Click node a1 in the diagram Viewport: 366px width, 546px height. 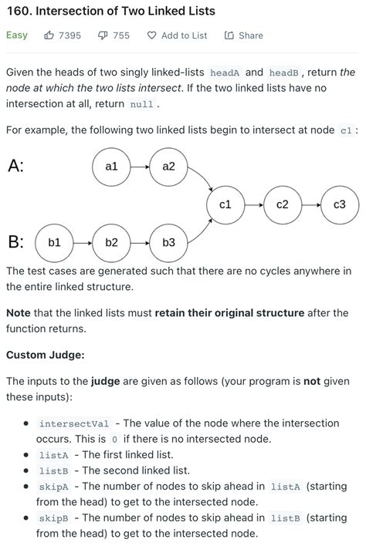111,166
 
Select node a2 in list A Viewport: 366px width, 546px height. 168,166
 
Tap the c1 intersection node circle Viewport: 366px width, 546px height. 225,204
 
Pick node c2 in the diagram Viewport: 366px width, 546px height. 283,204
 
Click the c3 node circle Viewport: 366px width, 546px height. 340,204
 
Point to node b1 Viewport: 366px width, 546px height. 54,242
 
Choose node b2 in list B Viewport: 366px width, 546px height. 111,242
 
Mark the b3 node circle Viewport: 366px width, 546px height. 168,242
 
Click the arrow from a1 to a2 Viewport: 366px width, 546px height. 140,166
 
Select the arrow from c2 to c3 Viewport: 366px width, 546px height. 311,204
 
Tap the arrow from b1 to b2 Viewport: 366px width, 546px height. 83,242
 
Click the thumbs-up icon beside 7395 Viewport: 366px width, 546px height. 49,35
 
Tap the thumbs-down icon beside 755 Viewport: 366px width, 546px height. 103,35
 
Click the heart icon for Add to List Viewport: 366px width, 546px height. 151,35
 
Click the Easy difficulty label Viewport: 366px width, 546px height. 17,35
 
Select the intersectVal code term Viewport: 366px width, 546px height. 74,424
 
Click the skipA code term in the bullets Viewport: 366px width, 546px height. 54,487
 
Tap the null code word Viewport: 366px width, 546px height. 141,104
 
